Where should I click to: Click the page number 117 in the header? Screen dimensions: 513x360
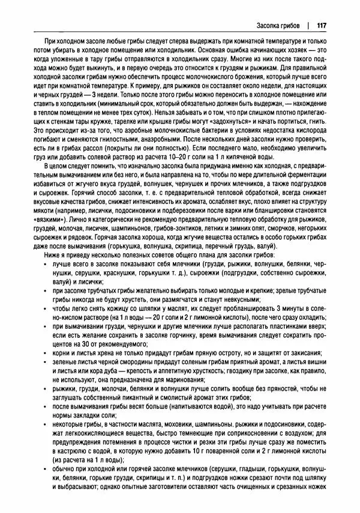click(320, 26)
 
